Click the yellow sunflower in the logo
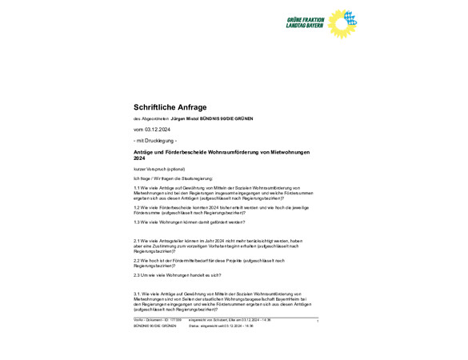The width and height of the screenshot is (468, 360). (x=342, y=23)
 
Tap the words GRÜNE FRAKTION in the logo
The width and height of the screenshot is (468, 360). (x=305, y=19)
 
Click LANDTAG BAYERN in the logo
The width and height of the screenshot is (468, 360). (x=305, y=26)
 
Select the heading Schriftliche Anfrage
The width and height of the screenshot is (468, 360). (x=170, y=106)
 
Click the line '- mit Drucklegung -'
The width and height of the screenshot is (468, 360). (x=155, y=141)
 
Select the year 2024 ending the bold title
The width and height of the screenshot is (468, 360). (x=140, y=158)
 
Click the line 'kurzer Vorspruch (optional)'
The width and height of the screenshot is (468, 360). (x=159, y=169)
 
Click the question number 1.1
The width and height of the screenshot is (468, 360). (x=137, y=187)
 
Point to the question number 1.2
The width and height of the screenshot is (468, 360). (x=137, y=208)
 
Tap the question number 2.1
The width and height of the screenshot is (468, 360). (x=137, y=240)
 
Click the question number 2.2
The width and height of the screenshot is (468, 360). (x=137, y=261)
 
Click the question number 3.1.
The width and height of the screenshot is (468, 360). (x=137, y=294)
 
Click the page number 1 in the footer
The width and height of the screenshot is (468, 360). (x=318, y=321)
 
